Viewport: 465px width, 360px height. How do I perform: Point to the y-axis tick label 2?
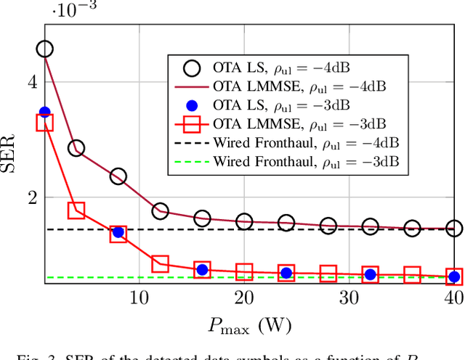[31, 197]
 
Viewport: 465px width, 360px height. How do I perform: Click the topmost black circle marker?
[45, 49]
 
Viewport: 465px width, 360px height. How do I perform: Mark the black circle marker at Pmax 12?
[160, 211]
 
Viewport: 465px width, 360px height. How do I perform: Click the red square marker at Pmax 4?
[76, 210]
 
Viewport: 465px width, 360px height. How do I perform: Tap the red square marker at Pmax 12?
[160, 263]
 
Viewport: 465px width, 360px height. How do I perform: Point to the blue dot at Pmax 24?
[286, 273]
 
